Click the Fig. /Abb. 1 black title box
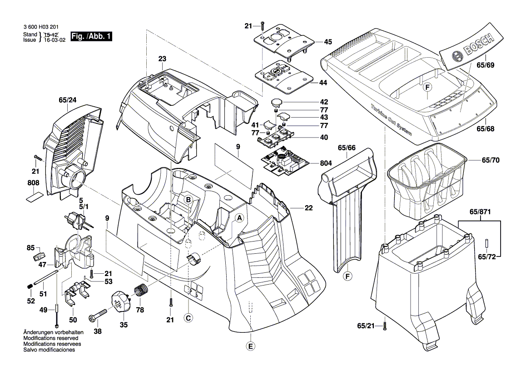(91, 36)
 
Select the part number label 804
(326, 163)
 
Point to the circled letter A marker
(239, 218)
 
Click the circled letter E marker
(250, 346)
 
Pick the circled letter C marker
(189, 318)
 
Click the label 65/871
(480, 212)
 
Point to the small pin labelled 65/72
(487, 243)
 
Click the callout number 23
(162, 59)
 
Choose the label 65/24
(68, 100)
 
